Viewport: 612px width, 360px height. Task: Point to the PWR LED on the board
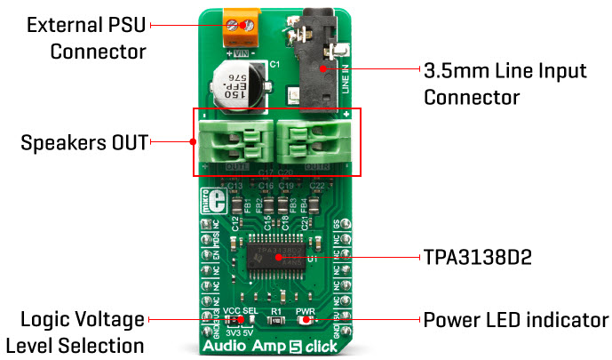click(x=305, y=320)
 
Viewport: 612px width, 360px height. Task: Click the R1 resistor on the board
click(x=275, y=320)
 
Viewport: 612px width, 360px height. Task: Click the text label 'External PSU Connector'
click(x=85, y=38)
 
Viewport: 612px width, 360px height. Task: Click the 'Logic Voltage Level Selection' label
click(x=75, y=332)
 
